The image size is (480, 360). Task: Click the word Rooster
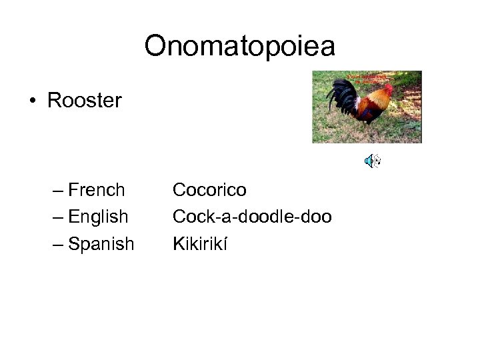tap(84, 101)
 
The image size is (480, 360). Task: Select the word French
tap(97, 190)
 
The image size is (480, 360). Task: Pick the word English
tap(98, 217)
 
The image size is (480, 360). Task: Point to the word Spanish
tap(101, 244)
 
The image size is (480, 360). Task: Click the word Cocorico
tap(209, 190)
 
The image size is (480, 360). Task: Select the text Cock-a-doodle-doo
tap(252, 217)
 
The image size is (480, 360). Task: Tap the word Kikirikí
tap(200, 244)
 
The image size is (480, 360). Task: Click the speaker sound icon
tap(372, 161)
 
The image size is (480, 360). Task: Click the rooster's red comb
tap(387, 87)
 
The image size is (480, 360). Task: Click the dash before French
tap(58, 191)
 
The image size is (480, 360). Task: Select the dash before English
tap(58, 218)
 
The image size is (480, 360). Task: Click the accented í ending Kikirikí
tap(225, 244)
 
